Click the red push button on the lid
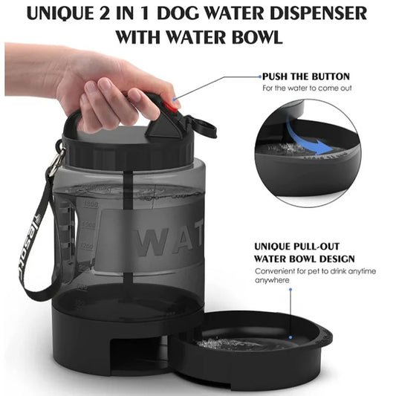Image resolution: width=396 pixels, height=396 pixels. pos(172,105)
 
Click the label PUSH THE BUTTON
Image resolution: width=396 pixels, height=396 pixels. pos(305,77)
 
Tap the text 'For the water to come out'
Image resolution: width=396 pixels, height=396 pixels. pos(305,88)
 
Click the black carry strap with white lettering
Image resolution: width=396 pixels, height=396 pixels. pos(36,245)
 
